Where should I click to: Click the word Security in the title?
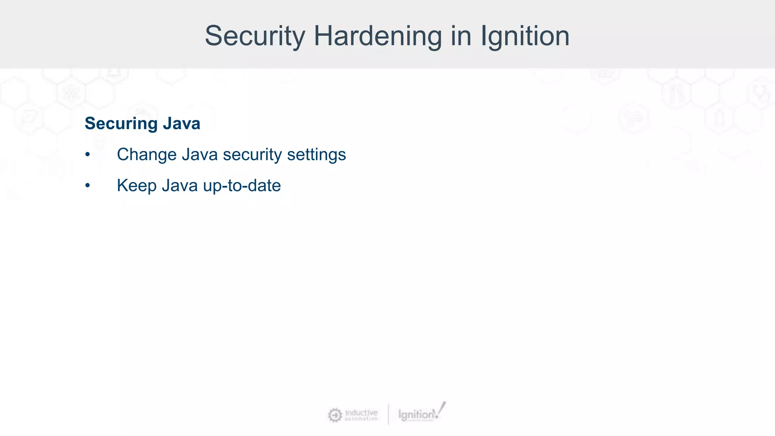pos(255,36)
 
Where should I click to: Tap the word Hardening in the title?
pos(378,36)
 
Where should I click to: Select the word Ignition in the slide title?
pos(525,36)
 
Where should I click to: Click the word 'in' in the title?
pos(461,36)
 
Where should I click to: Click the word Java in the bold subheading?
pos(182,124)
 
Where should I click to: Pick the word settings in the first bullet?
pos(316,154)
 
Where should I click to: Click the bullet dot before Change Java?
pos(87,154)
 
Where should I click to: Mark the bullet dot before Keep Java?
pos(87,185)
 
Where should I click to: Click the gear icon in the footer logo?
pos(335,415)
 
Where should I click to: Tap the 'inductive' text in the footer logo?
pos(361,412)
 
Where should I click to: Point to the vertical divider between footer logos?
pos(388,414)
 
